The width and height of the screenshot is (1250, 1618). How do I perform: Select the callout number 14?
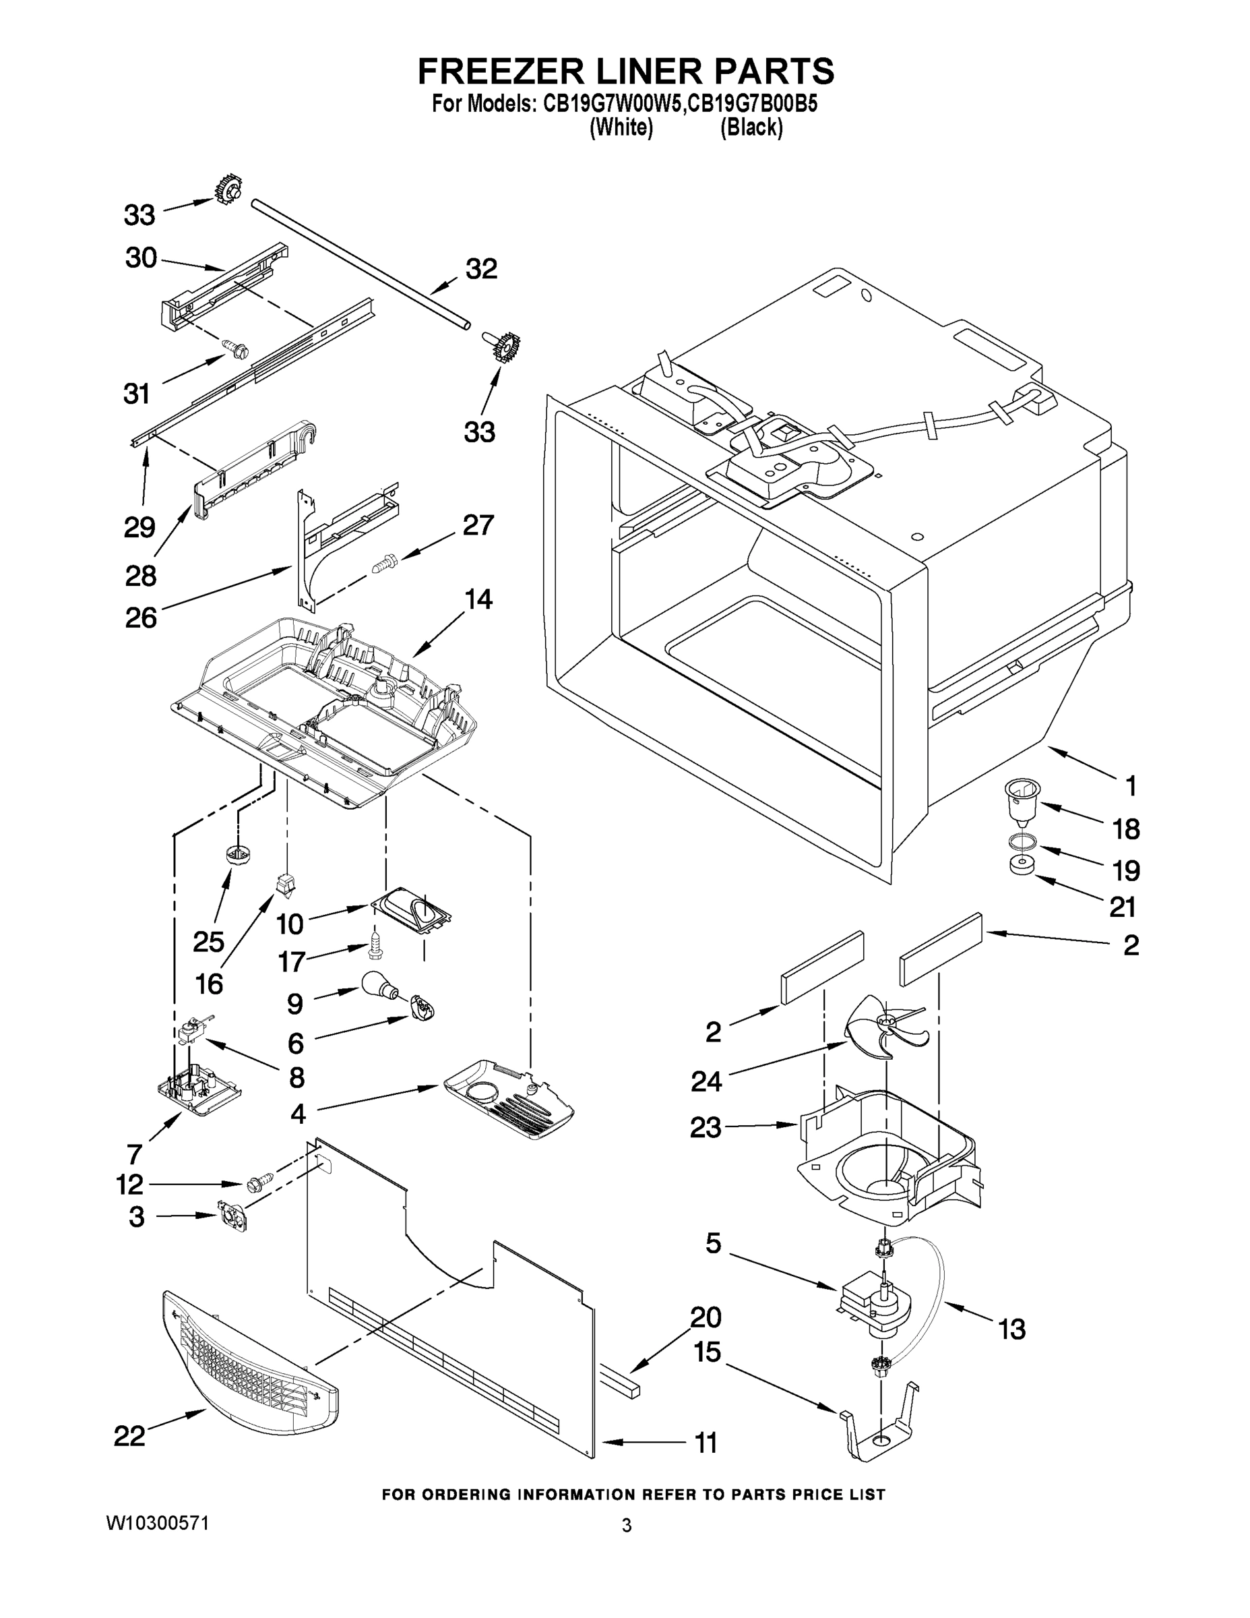click(478, 599)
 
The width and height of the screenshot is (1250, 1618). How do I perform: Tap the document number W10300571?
click(158, 1522)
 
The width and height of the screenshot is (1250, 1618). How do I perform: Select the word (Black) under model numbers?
click(751, 128)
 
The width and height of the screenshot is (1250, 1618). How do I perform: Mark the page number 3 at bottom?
click(627, 1525)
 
